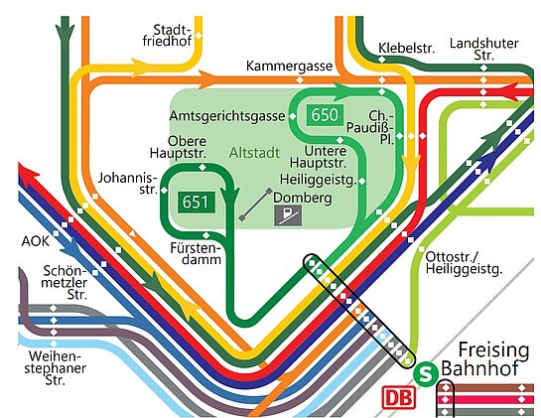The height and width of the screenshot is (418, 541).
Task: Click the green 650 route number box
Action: [325, 114]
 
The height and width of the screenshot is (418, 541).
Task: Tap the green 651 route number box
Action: [197, 202]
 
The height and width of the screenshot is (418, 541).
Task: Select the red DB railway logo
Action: [398, 398]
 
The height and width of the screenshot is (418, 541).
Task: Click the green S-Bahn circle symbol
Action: [426, 372]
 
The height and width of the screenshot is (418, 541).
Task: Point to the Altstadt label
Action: [254, 153]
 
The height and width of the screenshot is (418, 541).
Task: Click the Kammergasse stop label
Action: [289, 66]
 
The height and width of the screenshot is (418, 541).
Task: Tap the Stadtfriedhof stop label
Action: [167, 35]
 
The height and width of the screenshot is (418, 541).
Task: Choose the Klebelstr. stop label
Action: [406, 49]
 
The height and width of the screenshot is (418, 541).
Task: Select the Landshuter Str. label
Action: [483, 50]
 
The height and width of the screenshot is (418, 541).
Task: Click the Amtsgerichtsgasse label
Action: [227, 116]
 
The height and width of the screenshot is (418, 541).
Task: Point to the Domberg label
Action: [302, 199]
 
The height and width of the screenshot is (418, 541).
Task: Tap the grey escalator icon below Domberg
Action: [288, 216]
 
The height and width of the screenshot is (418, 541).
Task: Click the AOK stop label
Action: [35, 241]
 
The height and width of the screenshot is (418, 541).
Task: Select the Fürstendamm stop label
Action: [196, 254]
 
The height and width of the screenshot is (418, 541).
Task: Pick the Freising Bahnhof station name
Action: [484, 359]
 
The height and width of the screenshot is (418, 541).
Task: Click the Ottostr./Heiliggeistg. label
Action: [464, 263]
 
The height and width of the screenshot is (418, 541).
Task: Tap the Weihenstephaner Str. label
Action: [55, 368]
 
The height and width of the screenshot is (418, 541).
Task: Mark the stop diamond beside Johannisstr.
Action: [164, 191]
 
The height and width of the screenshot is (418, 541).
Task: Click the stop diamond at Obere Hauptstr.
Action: [203, 168]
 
